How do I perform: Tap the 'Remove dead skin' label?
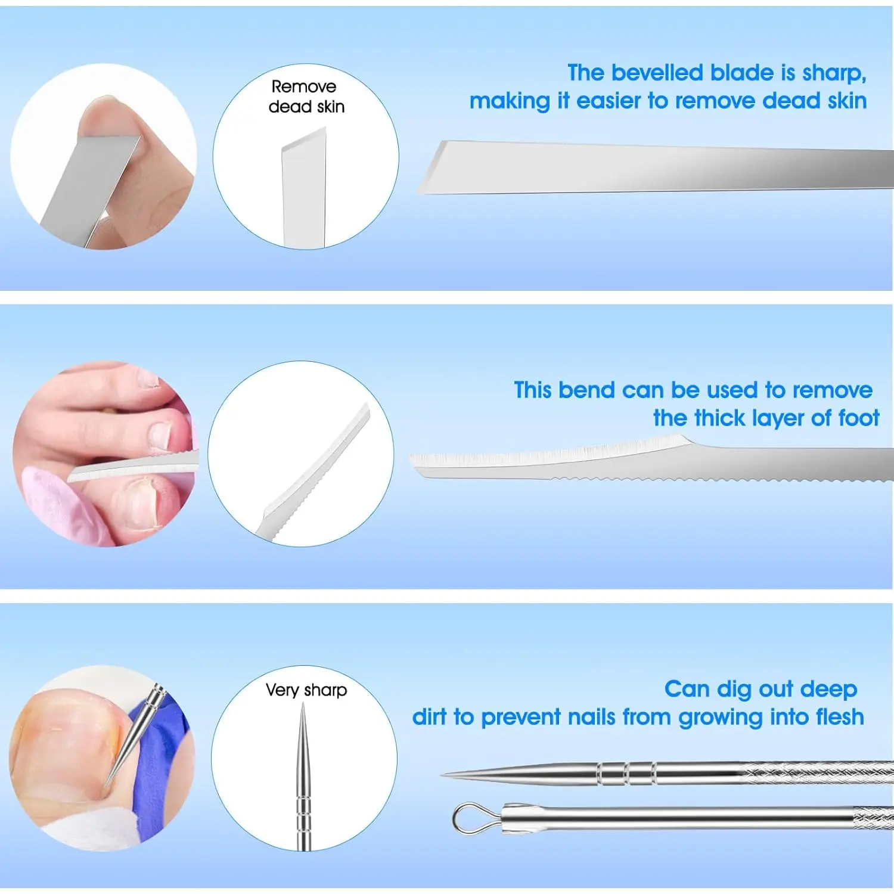306,97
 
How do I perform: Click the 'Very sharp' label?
306,690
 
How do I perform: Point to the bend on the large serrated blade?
685,442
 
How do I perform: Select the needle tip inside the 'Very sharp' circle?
303,709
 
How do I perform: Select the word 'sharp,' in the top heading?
834,73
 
